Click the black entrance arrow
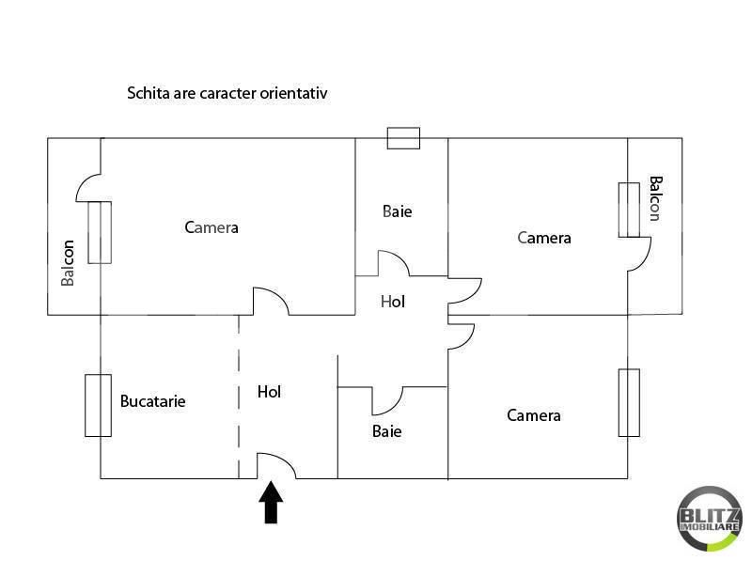click(271, 503)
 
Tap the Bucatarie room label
click(152, 401)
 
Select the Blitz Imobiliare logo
click(710, 519)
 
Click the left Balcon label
click(68, 263)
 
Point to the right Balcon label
click(655, 198)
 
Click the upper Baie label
click(397, 211)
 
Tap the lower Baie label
click(386, 431)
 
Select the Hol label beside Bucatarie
click(269, 392)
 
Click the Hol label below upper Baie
click(393, 302)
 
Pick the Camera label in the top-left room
click(211, 227)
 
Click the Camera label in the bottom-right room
click(534, 415)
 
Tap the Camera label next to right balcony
click(544, 238)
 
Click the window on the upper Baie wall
click(403, 138)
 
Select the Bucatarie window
click(99, 406)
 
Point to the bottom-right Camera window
click(629, 403)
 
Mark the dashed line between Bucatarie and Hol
click(239, 397)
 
